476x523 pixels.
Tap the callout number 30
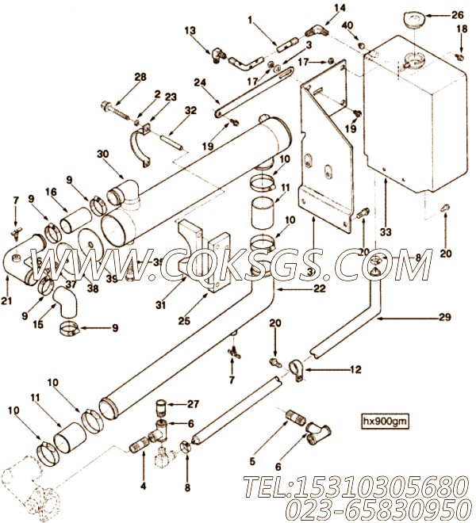(x=102, y=155)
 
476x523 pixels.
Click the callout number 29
(x=445, y=317)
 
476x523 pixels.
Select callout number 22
(x=318, y=290)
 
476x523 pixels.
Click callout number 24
(x=200, y=82)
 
